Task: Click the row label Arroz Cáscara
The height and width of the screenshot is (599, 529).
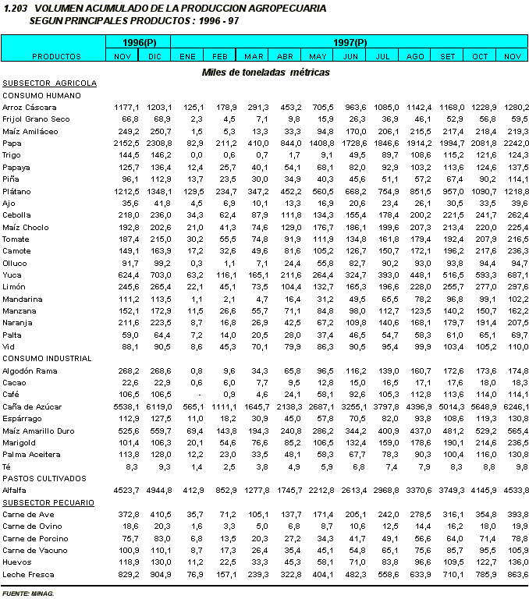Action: (x=24, y=107)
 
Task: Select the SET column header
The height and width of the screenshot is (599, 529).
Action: (x=448, y=56)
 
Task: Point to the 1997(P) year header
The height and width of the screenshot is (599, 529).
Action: (x=350, y=41)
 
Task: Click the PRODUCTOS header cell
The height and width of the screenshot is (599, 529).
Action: (x=56, y=56)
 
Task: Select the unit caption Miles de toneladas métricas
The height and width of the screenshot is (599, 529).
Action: (x=265, y=72)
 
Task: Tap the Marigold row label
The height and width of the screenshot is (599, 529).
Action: (x=19, y=442)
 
